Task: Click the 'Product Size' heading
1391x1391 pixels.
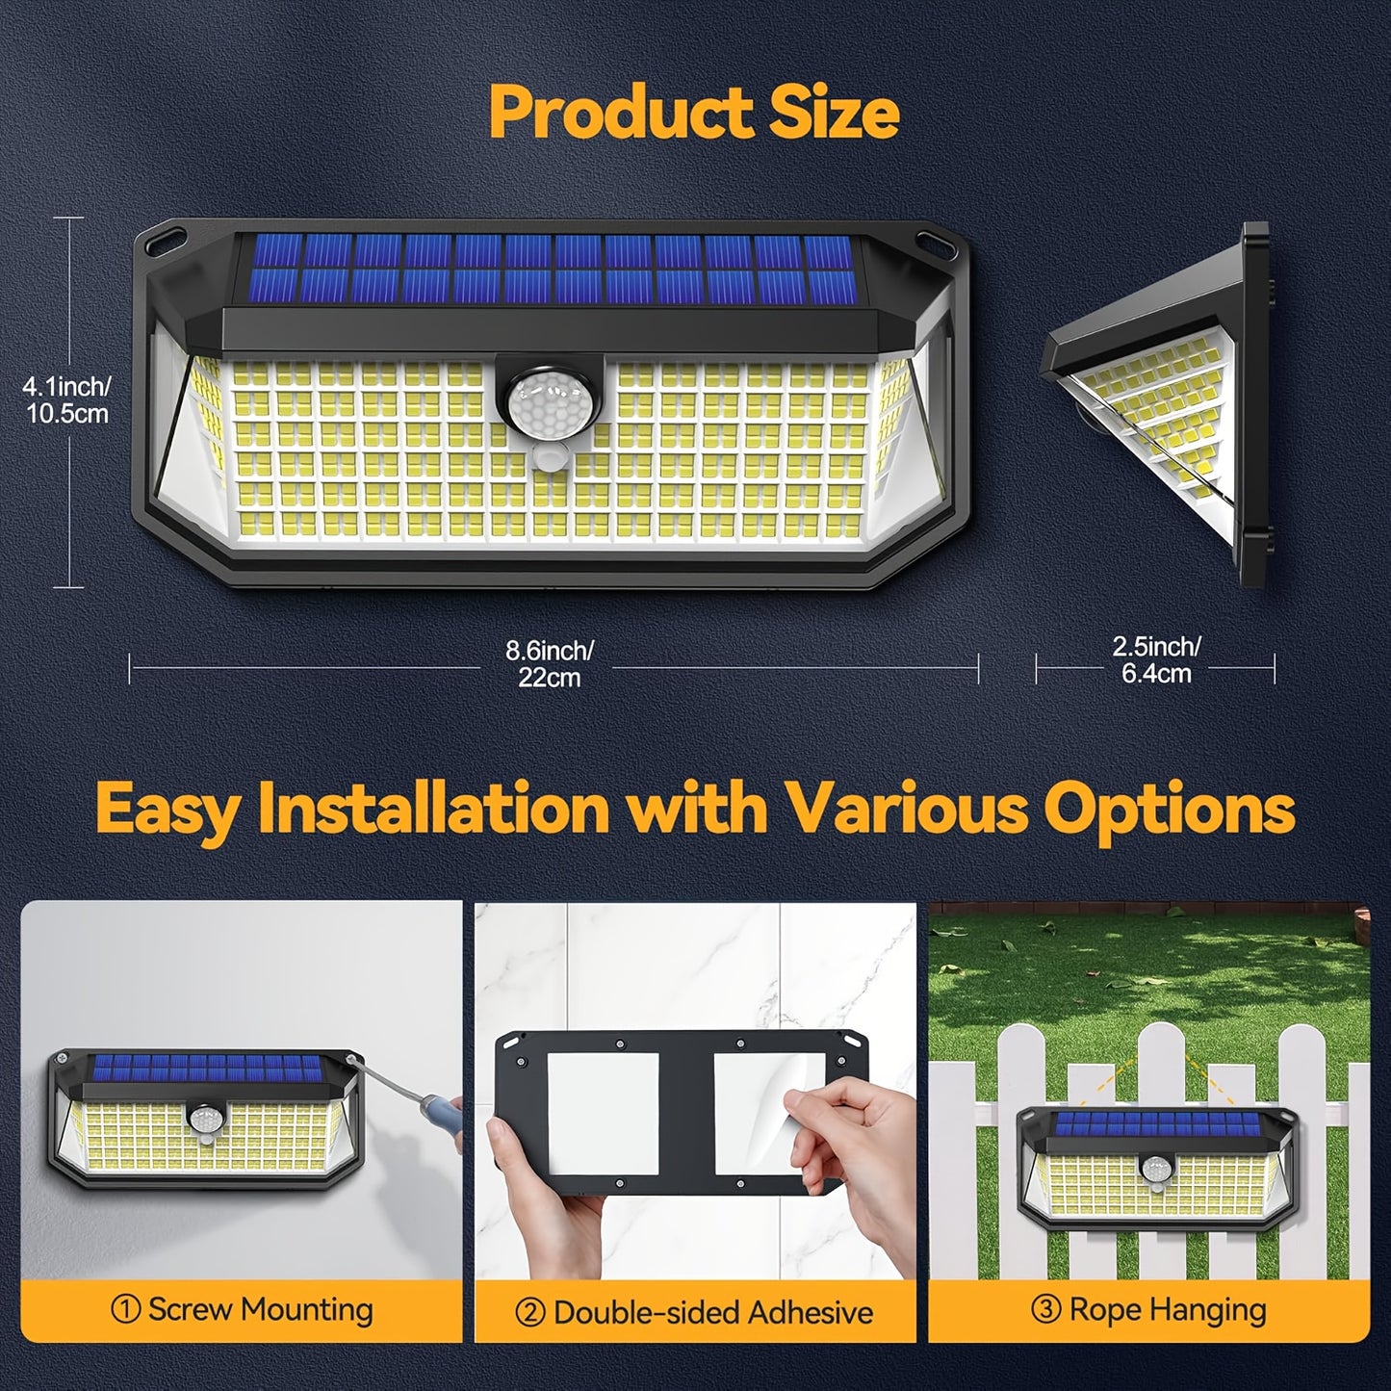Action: [x=694, y=114]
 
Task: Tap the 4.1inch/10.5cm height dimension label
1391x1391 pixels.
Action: [x=66, y=399]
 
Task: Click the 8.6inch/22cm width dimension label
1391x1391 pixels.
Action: [x=550, y=663]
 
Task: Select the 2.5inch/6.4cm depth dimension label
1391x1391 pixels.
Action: [x=1156, y=659]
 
